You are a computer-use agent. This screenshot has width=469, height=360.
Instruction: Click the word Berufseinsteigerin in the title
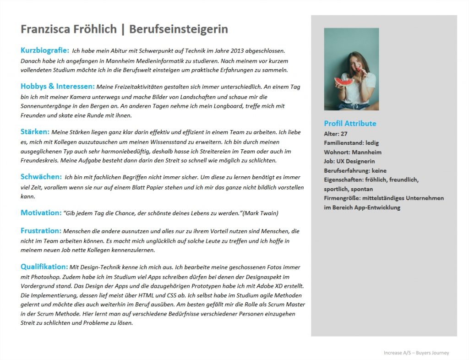pyautogui.click(x=179, y=30)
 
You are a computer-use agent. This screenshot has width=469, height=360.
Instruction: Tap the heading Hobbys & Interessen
pyautogui.click(x=58, y=86)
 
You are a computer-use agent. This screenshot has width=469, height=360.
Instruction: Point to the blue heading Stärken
pyautogui.click(x=35, y=132)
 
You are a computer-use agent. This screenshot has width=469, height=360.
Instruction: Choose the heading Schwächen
pyautogui.click(x=41, y=177)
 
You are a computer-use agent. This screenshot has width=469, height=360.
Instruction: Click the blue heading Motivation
pyautogui.click(x=41, y=213)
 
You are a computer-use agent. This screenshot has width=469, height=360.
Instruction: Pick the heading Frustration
pyautogui.click(x=41, y=231)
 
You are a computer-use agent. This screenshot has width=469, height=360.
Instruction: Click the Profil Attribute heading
pyautogui.click(x=350, y=124)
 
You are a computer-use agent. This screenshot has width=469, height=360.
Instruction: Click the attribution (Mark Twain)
pyautogui.click(x=260, y=213)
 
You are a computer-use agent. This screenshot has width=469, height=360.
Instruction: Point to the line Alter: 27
pyautogui.click(x=336, y=134)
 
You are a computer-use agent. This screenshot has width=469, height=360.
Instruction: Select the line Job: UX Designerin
pyautogui.click(x=349, y=161)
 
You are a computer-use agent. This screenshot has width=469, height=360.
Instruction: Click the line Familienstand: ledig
pyautogui.click(x=351, y=143)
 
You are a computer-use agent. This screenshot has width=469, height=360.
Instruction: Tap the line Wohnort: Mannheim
pyautogui.click(x=353, y=152)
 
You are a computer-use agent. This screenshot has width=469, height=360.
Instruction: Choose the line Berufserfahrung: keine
pyautogui.click(x=355, y=170)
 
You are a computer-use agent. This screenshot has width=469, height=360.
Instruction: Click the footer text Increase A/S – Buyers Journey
pyautogui.click(x=416, y=353)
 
